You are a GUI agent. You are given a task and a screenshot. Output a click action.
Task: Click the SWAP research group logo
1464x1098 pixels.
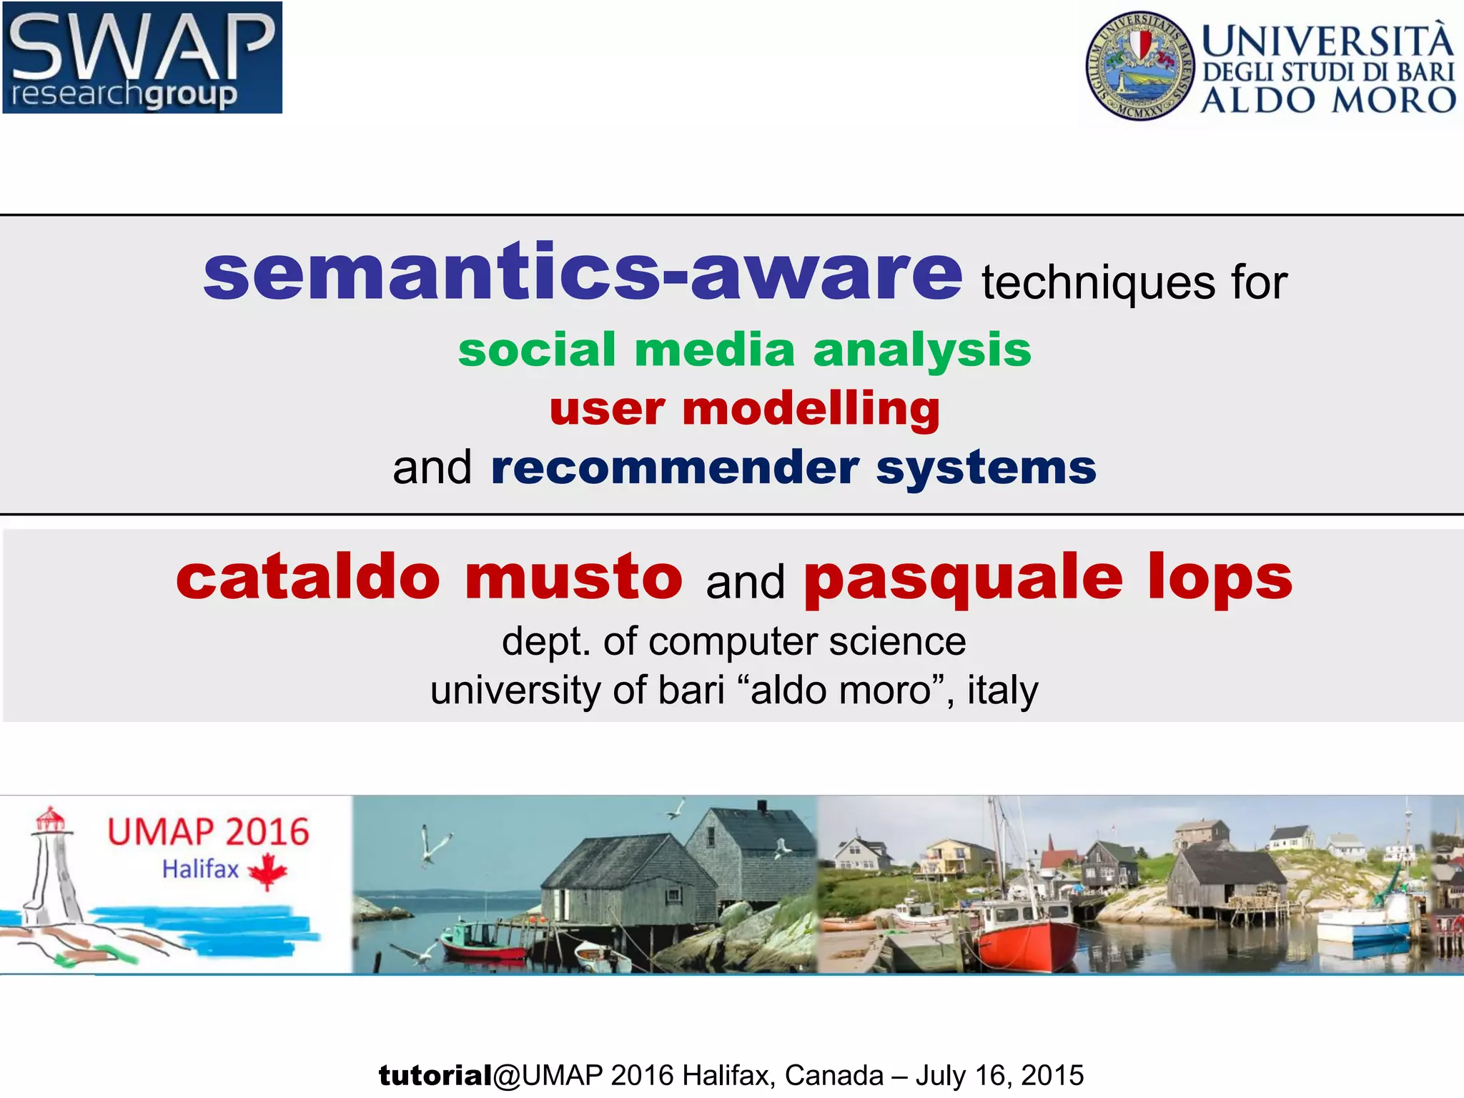click(x=142, y=57)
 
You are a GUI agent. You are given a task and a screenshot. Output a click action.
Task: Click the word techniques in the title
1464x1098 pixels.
click(x=1098, y=282)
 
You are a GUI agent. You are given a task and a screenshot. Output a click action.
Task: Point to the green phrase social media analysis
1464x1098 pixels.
click(x=745, y=350)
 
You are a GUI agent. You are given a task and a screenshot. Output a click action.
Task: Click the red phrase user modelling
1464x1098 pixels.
click(x=745, y=409)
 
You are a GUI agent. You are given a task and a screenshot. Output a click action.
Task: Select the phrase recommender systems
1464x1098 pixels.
click(x=793, y=468)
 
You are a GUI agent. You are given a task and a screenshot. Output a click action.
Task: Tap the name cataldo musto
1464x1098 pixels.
click(x=429, y=578)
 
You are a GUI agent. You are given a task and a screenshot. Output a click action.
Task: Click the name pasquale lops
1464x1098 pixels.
click(x=1048, y=578)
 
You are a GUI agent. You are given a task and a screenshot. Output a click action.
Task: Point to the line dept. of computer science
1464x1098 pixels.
click(x=733, y=641)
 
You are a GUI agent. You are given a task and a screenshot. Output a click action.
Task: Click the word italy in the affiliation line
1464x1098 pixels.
click(x=1002, y=691)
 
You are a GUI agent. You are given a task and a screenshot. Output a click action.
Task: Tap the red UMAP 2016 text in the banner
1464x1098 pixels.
click(x=208, y=833)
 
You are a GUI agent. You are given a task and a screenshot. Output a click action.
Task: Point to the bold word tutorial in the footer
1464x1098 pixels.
click(x=435, y=1075)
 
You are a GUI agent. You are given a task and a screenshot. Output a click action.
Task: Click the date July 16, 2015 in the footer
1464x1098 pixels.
click(x=999, y=1075)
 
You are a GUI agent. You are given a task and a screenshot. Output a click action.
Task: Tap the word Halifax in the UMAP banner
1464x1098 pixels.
click(x=200, y=869)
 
